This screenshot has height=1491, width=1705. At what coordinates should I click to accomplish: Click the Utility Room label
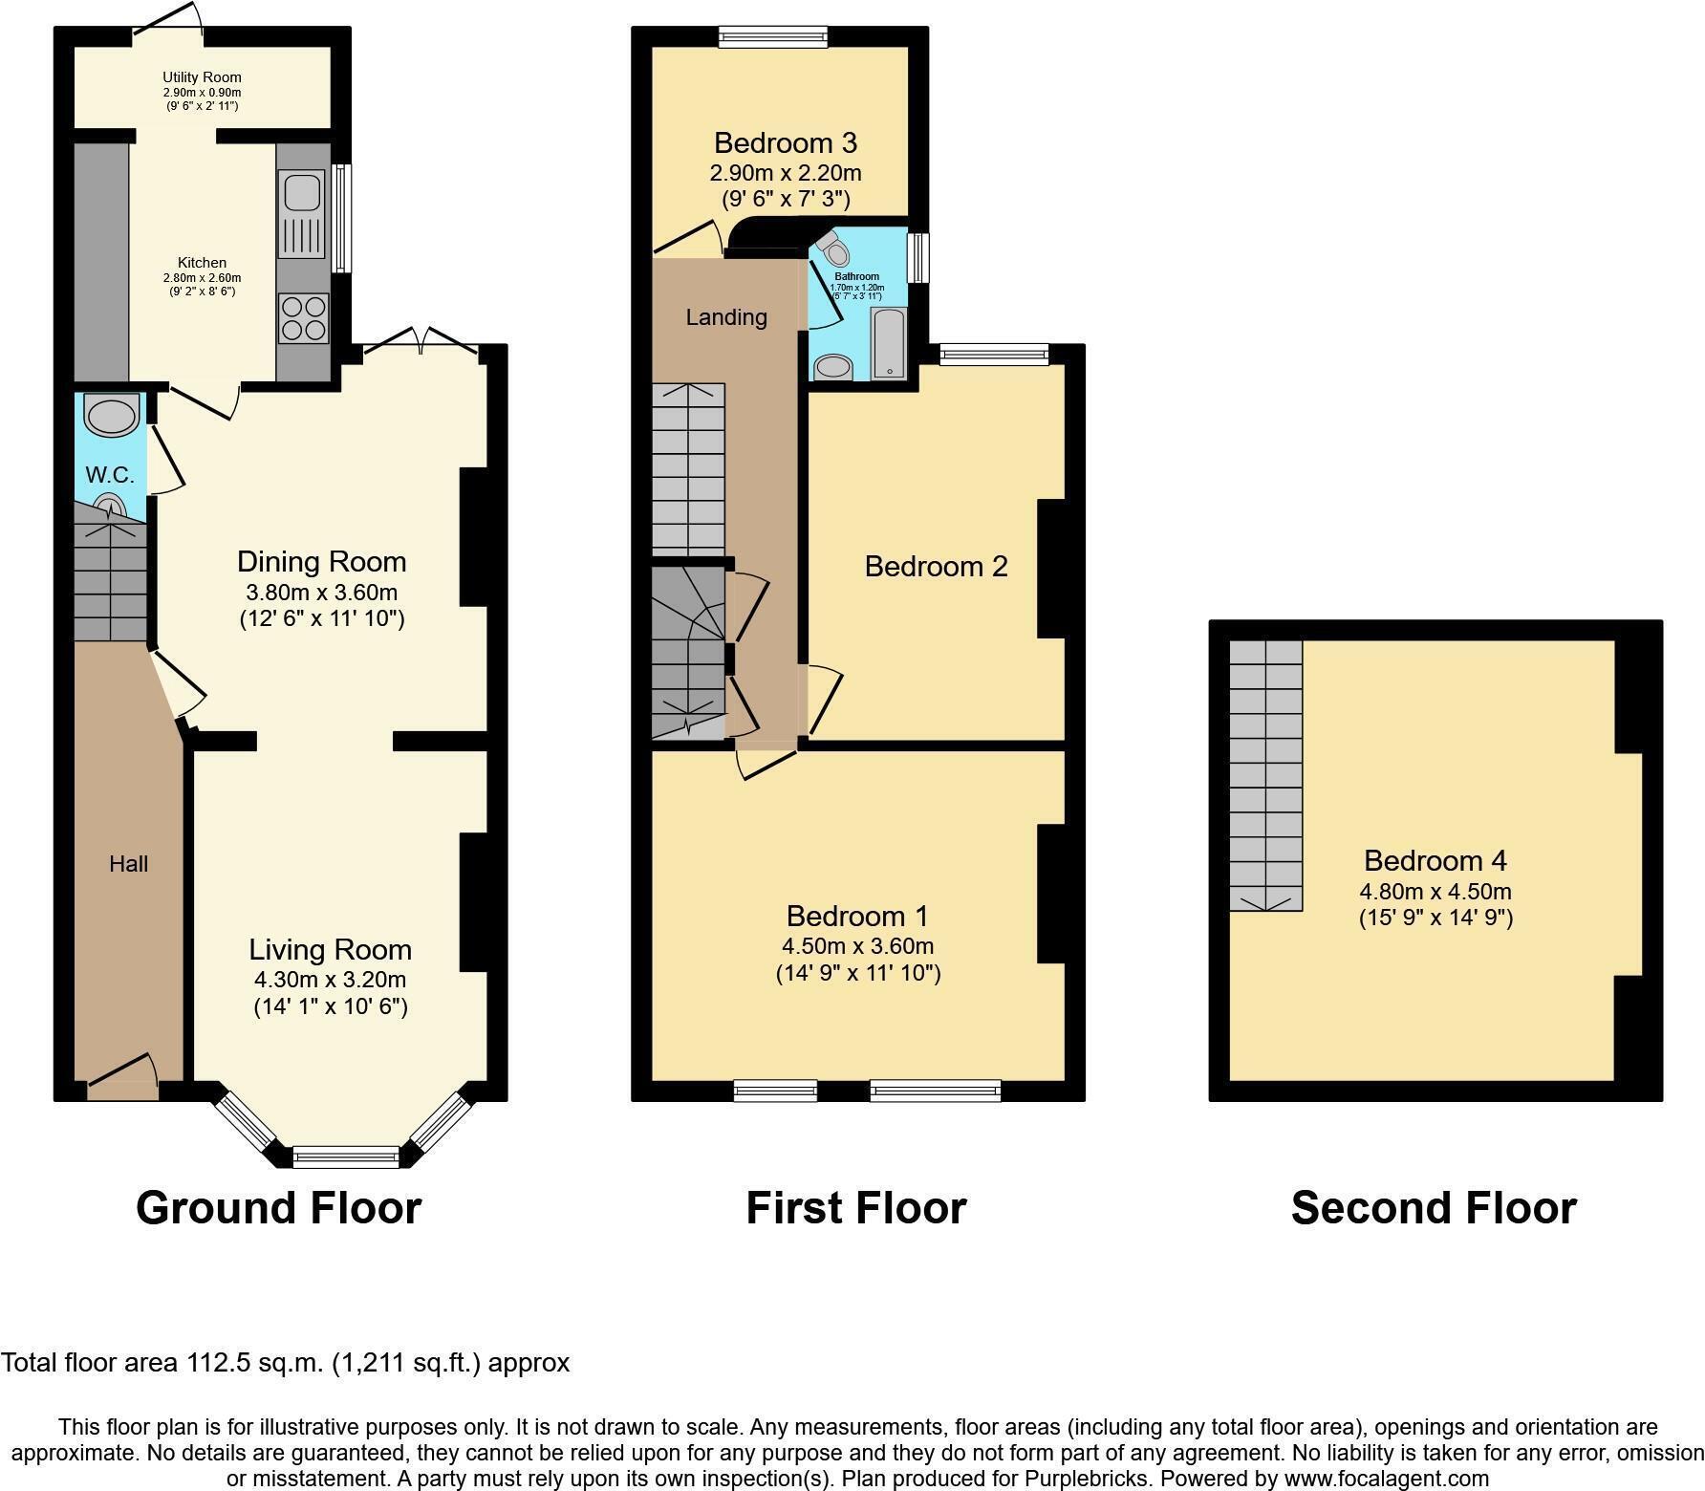pos(202,77)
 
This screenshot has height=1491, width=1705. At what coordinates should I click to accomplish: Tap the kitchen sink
pos(302,191)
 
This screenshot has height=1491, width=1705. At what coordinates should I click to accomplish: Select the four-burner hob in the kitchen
pos(304,317)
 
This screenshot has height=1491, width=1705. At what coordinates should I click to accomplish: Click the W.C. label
pos(110,475)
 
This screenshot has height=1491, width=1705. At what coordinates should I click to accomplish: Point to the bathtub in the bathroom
pos(889,343)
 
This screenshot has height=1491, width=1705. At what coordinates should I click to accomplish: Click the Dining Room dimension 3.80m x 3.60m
pos(321,592)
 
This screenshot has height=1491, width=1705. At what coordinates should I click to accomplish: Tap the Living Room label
pos(330,949)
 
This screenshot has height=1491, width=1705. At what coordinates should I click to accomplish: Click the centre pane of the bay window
pos(346,1156)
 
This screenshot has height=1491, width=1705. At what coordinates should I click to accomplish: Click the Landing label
pos(726,317)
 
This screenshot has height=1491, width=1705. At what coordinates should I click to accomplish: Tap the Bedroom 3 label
pos(785,143)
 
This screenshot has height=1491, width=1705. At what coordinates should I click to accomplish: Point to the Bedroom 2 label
pos(936,567)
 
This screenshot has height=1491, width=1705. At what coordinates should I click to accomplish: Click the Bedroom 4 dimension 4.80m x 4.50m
pos(1435,892)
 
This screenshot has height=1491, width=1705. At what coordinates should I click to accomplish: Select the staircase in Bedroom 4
pos(1265,774)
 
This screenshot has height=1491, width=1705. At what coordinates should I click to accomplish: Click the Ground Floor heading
pos(278,1208)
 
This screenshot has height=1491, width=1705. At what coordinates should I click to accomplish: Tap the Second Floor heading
pos(1433,1208)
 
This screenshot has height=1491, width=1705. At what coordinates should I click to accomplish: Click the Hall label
pos(128,864)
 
